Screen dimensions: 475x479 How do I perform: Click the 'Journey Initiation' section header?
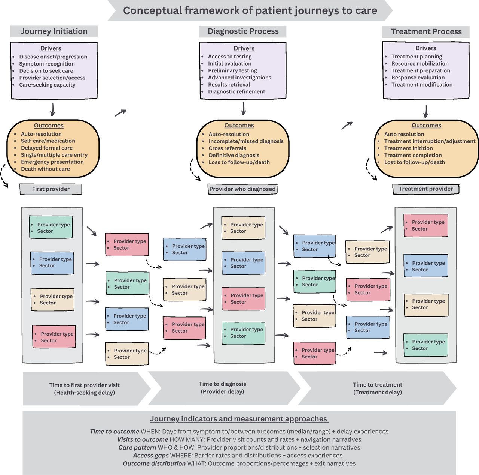click(x=54, y=31)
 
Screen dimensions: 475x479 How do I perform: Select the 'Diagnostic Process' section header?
click(x=243, y=31)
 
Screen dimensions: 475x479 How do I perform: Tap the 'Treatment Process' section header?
click(x=426, y=32)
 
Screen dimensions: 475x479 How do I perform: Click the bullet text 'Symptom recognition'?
click(x=47, y=64)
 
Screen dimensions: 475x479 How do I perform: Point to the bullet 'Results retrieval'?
click(x=229, y=85)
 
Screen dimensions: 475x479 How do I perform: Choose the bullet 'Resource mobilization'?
click(x=420, y=64)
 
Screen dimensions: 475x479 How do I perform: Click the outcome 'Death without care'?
click(x=45, y=169)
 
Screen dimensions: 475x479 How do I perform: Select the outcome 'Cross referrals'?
click(x=227, y=148)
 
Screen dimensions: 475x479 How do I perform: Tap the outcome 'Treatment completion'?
click(x=413, y=155)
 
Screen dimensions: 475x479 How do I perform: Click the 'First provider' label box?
click(x=51, y=189)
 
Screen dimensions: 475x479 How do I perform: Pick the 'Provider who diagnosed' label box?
click(x=242, y=189)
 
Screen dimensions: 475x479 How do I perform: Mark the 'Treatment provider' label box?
click(x=425, y=189)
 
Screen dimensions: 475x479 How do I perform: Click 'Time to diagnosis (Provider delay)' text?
click(x=222, y=388)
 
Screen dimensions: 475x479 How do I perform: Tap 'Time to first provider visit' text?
click(x=84, y=385)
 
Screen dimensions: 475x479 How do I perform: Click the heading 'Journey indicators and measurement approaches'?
click(x=239, y=419)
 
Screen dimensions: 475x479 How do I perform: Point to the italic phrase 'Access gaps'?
click(x=151, y=456)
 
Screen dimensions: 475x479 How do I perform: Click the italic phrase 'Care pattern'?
click(x=137, y=448)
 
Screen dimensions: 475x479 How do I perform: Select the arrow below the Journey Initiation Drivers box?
click(x=52, y=109)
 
